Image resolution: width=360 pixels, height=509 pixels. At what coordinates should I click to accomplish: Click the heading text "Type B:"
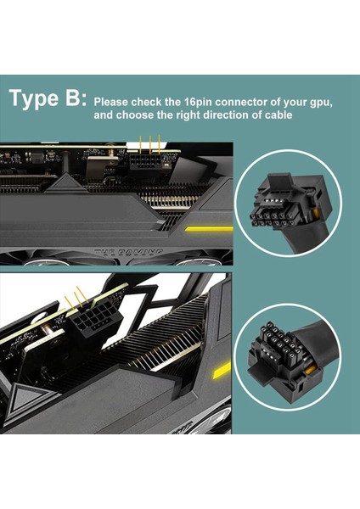click(x=48, y=98)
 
